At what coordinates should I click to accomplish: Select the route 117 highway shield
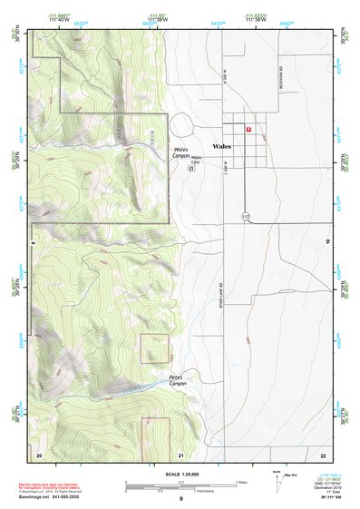[245, 216]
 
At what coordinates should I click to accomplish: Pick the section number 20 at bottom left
[39, 453]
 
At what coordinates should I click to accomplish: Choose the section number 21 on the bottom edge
[181, 453]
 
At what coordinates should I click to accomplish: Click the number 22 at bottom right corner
[323, 453]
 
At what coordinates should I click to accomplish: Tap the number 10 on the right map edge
[326, 240]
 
